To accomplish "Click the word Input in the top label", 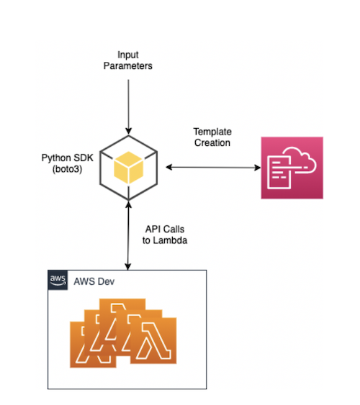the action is tap(128, 55).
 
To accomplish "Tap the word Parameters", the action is tap(128, 66).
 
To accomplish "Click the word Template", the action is tap(212, 132).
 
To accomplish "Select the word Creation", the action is tap(212, 142).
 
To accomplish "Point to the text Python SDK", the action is tap(67, 158).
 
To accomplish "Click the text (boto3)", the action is tap(67, 169).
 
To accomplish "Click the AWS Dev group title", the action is tap(94, 281).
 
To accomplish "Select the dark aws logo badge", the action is tap(58, 280).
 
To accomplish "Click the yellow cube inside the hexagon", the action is tap(128, 168).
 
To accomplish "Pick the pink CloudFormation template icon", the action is tap(292, 168).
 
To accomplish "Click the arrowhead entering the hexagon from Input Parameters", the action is tap(128, 131).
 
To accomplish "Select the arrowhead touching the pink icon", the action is tap(258, 168).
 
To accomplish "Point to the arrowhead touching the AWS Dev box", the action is tap(128, 267).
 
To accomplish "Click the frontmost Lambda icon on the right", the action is tap(153, 341).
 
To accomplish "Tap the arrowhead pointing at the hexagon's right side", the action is tap(169, 168).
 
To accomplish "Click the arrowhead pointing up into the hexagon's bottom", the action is tap(128, 205).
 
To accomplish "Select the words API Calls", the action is tap(165, 229).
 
